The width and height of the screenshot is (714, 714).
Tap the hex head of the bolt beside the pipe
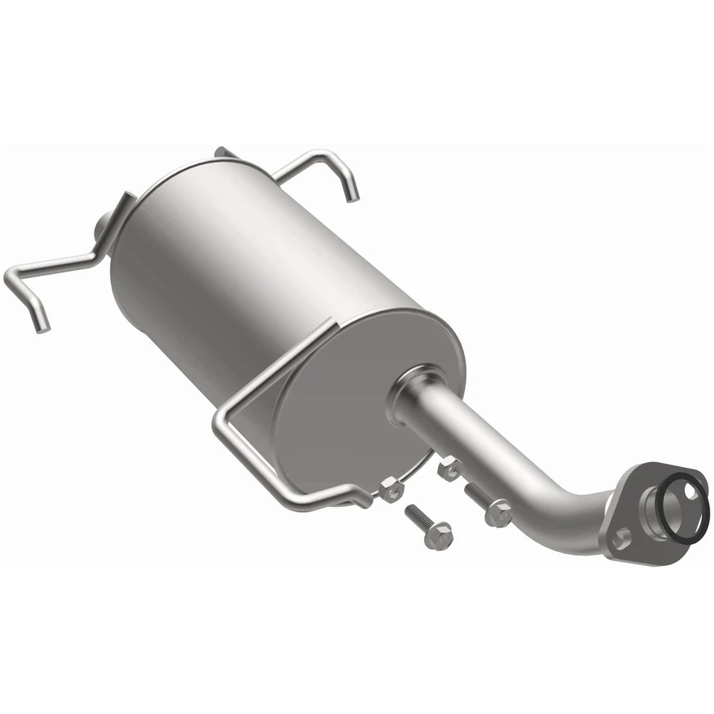pyautogui.click(x=499, y=514)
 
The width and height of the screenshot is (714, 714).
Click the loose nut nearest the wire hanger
pyautogui.click(x=391, y=489)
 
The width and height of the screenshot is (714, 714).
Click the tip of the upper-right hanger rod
pyautogui.click(x=353, y=196)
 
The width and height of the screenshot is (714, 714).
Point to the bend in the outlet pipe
pyautogui.click(x=565, y=506)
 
